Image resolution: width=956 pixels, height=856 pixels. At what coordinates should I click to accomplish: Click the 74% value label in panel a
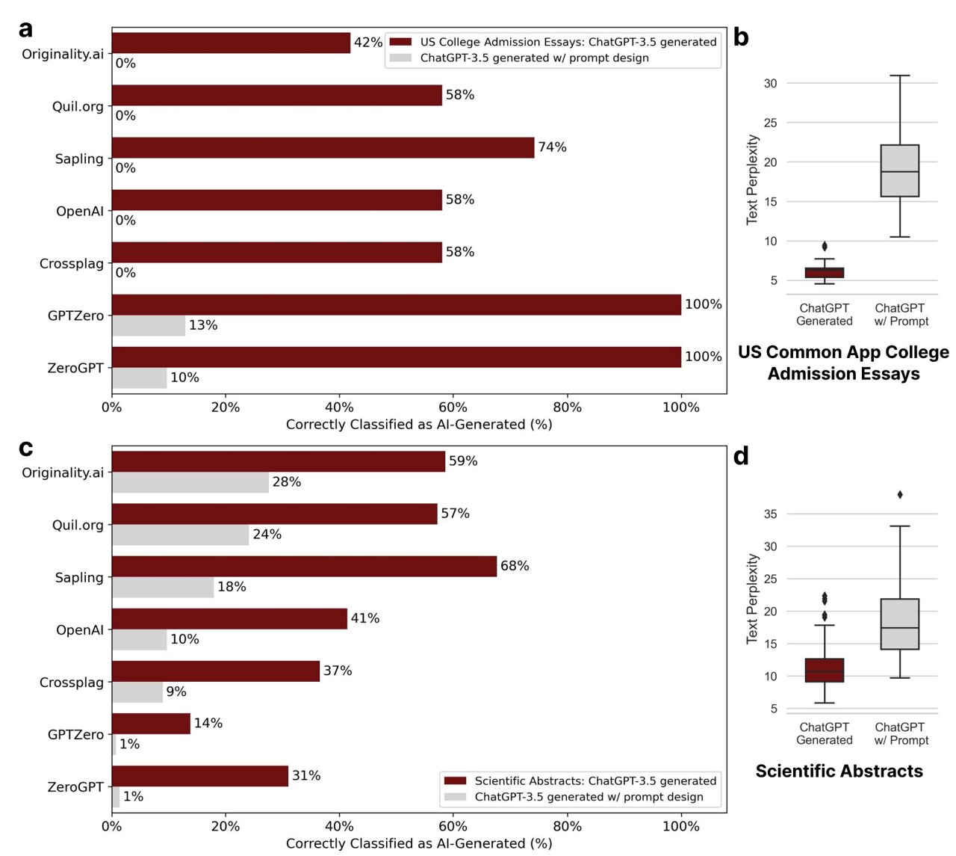552,147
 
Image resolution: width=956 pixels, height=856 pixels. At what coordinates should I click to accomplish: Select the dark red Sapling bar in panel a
323,147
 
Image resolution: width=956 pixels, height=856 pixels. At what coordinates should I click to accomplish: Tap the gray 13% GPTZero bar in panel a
149,325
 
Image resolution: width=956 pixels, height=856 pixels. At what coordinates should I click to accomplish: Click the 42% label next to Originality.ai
368,43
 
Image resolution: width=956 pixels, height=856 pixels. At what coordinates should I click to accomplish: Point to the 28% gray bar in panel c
190,482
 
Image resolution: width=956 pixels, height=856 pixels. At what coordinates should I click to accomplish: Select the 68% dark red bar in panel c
305,566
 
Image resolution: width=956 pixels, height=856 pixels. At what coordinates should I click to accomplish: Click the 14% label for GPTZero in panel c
208,723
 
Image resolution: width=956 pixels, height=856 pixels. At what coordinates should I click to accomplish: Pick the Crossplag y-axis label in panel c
71,682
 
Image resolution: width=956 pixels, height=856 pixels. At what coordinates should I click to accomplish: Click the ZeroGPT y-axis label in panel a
75,368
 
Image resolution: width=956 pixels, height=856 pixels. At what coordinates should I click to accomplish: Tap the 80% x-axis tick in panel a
567,407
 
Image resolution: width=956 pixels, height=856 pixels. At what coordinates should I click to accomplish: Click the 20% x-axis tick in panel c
226,826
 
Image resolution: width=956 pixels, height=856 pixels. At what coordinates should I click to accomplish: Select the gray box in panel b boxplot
899,170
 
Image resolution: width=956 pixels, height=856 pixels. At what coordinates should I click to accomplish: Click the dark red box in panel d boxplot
825,670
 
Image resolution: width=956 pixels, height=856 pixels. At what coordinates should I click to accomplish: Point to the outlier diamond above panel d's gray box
900,495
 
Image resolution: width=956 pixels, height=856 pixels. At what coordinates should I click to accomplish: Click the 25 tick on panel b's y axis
770,123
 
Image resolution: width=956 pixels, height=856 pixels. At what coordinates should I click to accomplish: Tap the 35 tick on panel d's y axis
770,514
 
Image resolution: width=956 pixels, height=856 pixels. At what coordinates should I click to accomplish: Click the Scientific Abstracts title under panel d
839,771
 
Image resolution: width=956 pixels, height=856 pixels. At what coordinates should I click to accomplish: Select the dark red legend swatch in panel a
400,42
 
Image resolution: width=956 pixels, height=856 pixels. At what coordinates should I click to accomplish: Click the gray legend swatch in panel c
455,796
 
